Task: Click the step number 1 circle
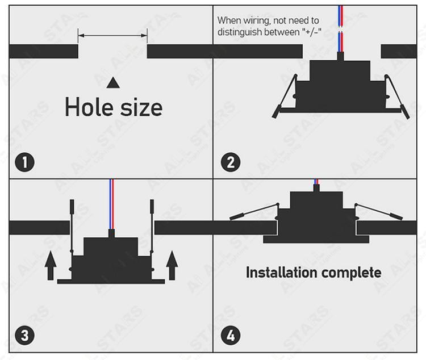point(25,162)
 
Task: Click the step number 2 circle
point(231,162)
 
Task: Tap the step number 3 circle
point(25,335)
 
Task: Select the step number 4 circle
point(231,335)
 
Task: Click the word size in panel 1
point(141,107)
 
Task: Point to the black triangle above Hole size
point(113,82)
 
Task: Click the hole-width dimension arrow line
point(112,35)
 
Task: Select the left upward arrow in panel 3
point(51,265)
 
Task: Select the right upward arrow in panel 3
point(172,265)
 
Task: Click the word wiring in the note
point(257,21)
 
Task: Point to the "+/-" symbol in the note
point(312,32)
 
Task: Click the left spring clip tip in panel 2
point(275,112)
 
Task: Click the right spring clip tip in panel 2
point(406,113)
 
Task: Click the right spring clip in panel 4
point(379,211)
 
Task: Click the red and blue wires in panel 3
point(112,204)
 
